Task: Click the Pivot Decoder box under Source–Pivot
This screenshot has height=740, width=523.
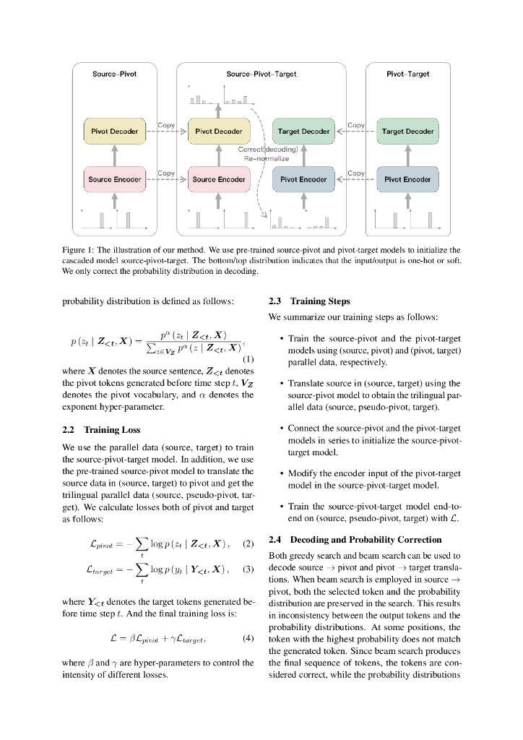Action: (115, 132)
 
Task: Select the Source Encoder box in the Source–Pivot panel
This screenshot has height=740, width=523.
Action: (115, 179)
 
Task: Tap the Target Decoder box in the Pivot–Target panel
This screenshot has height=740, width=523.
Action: (407, 132)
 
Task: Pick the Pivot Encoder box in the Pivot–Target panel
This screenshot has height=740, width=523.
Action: (407, 179)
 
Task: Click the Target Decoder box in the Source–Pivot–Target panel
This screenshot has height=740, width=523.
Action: (304, 132)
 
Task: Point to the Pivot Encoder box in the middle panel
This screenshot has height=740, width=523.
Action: (304, 179)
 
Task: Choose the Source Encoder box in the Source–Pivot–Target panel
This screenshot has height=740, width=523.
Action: (219, 179)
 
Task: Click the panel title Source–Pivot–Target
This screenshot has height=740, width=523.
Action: (261, 74)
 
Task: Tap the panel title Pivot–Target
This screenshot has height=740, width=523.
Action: (407, 74)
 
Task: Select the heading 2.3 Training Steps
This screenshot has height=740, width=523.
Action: (309, 301)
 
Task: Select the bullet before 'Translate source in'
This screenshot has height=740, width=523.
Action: (280, 383)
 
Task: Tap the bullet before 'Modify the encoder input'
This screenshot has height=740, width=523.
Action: (280, 473)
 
